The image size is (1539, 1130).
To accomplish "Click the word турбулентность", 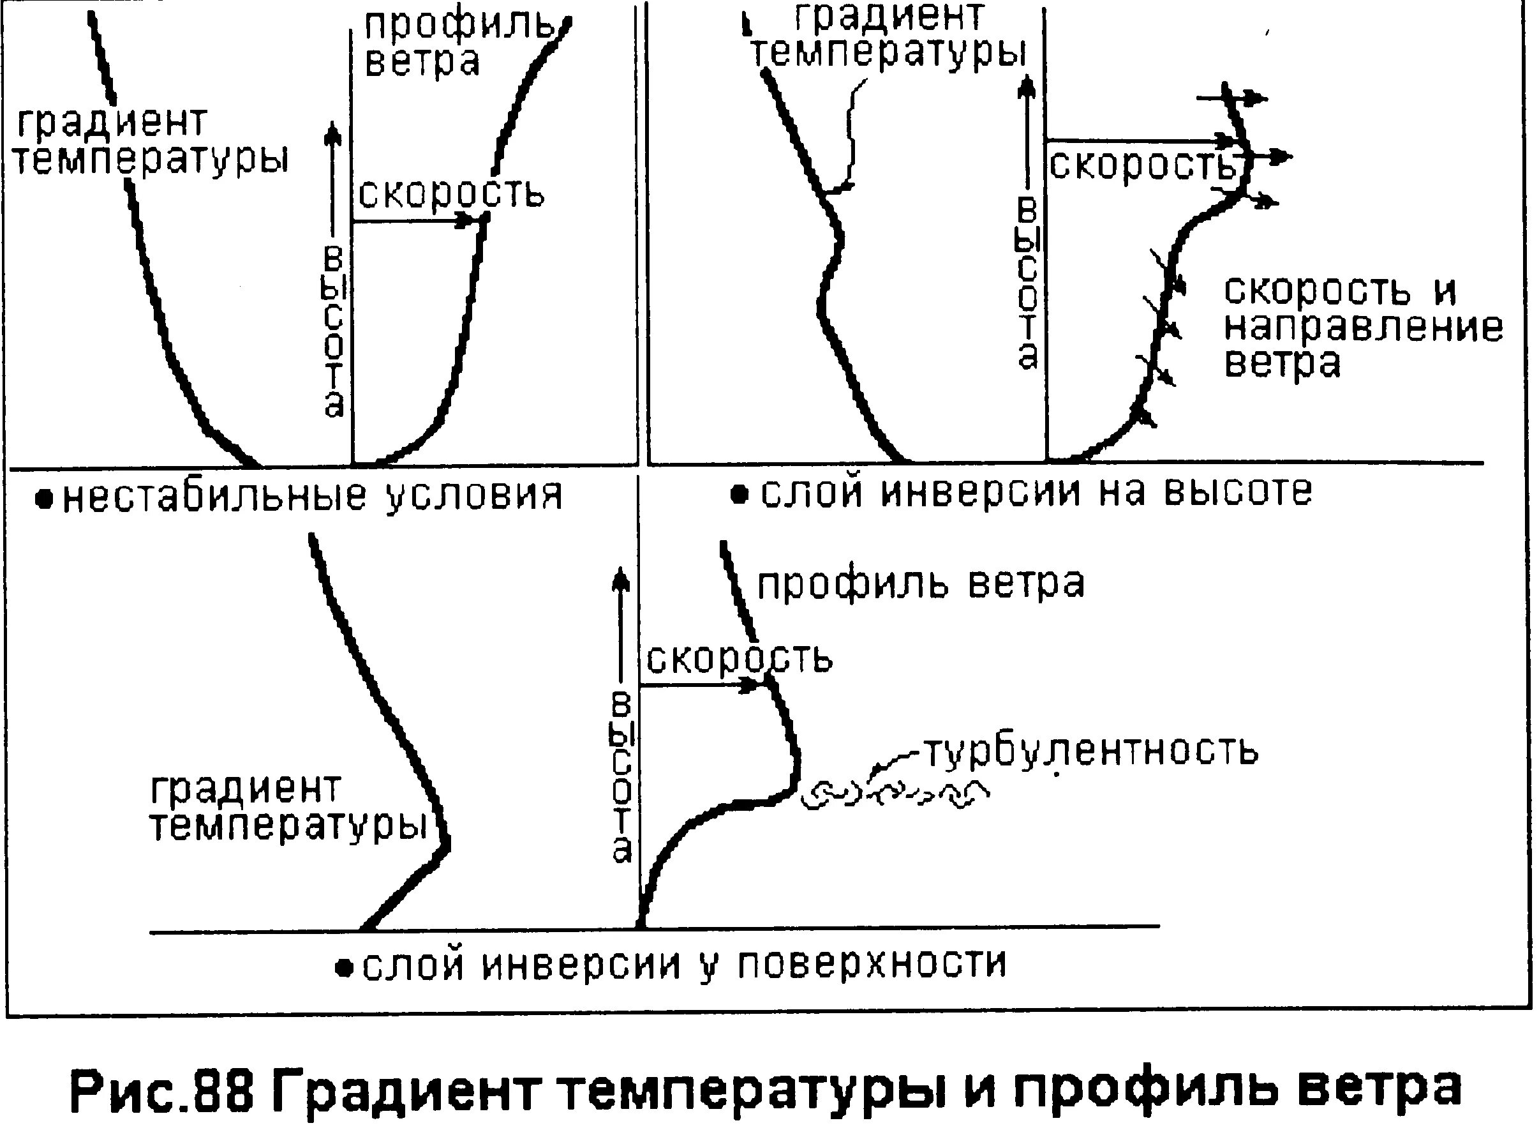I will [x=1090, y=751].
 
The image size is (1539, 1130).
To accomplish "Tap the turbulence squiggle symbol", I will [x=896, y=794].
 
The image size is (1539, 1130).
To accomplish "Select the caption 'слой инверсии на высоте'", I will [x=1036, y=491].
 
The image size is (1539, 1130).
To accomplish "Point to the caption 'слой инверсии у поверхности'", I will [x=684, y=965].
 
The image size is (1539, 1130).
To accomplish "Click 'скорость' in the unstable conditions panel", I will [x=451, y=193].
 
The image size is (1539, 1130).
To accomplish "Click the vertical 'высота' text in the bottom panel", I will [x=621, y=780].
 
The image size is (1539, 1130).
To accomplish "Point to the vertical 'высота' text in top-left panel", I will [x=334, y=332].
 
